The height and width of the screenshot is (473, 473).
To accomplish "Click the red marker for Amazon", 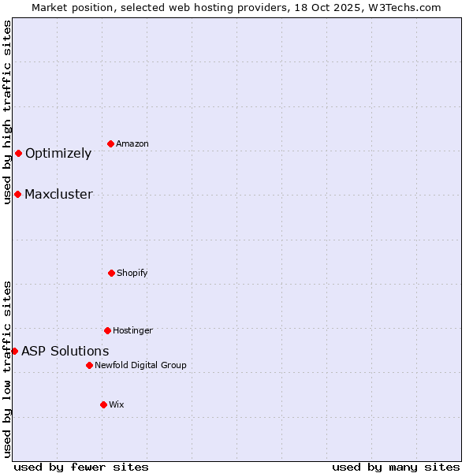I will click(110, 143).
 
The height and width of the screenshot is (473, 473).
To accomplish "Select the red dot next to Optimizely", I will click(18, 153).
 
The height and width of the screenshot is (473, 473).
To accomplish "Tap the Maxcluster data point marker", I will click(17, 194).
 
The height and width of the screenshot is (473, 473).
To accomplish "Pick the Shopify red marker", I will click(111, 273).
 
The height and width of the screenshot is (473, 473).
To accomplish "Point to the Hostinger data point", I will click(107, 330).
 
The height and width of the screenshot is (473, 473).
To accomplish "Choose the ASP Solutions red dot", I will click(14, 351).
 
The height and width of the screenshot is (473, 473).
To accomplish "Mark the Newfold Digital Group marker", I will click(89, 365).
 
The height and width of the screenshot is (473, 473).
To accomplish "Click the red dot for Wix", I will click(103, 404).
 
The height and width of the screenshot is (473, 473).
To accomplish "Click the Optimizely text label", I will click(58, 154).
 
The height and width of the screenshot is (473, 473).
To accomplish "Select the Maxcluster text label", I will click(58, 195).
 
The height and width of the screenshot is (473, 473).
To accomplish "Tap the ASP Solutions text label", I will click(65, 352).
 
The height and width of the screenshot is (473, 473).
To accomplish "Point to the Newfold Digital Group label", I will click(140, 366).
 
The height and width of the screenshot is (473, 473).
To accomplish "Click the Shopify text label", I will click(132, 274).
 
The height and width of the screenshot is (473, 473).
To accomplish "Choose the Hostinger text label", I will click(132, 331).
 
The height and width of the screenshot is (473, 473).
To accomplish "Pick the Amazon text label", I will click(132, 144).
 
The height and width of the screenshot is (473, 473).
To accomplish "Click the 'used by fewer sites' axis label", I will click(81, 467).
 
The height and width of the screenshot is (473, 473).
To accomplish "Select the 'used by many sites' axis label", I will click(396, 467).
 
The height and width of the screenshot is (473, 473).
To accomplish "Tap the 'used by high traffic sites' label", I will click(7, 113).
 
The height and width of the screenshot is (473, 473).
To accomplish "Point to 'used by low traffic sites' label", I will click(7, 368).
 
